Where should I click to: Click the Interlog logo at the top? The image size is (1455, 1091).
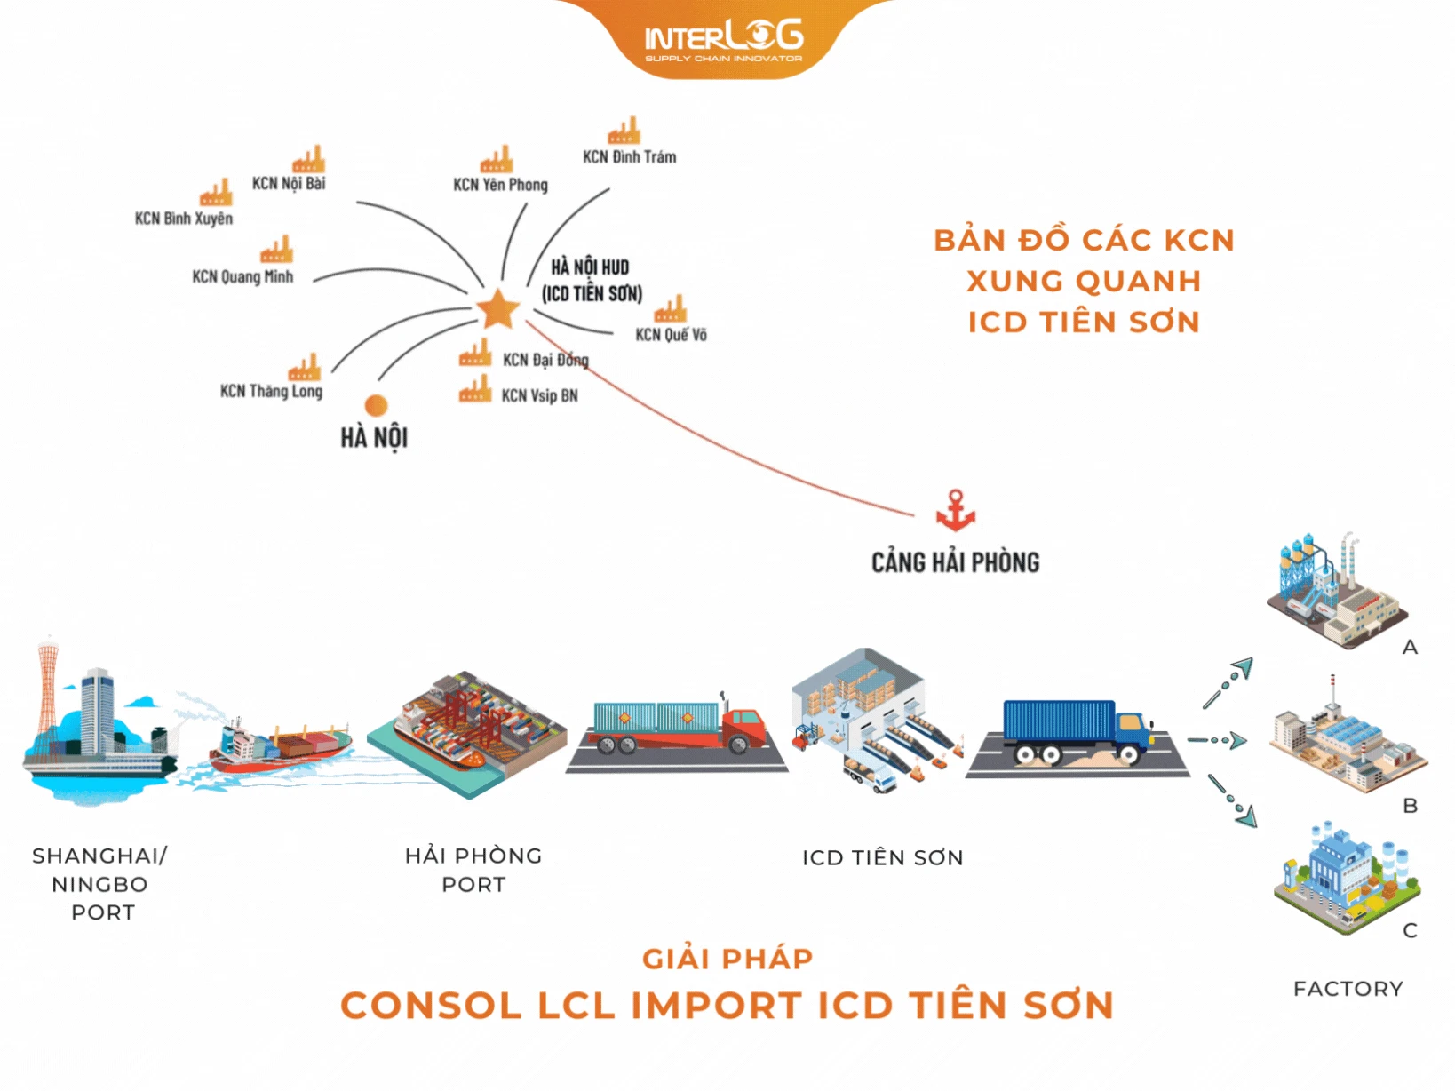[723, 40]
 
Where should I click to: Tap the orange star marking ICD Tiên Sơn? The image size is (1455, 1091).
[497, 309]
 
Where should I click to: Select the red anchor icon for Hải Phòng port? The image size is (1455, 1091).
[956, 511]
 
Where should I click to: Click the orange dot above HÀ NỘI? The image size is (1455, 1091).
[377, 405]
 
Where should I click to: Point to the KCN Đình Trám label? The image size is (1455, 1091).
[629, 157]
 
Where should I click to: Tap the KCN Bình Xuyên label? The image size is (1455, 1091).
[184, 219]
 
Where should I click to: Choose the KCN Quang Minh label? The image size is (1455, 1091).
[242, 277]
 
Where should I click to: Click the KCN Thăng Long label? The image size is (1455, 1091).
[271, 392]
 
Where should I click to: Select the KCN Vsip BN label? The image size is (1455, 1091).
[539, 396]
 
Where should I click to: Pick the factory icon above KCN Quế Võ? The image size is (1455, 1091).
[671, 309]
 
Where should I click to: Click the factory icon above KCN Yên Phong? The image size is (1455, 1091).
[497, 160]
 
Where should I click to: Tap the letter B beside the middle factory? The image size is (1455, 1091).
[1410, 806]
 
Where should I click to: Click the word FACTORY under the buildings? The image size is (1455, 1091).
[1348, 989]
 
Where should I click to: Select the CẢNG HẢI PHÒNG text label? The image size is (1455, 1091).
[955, 562]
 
